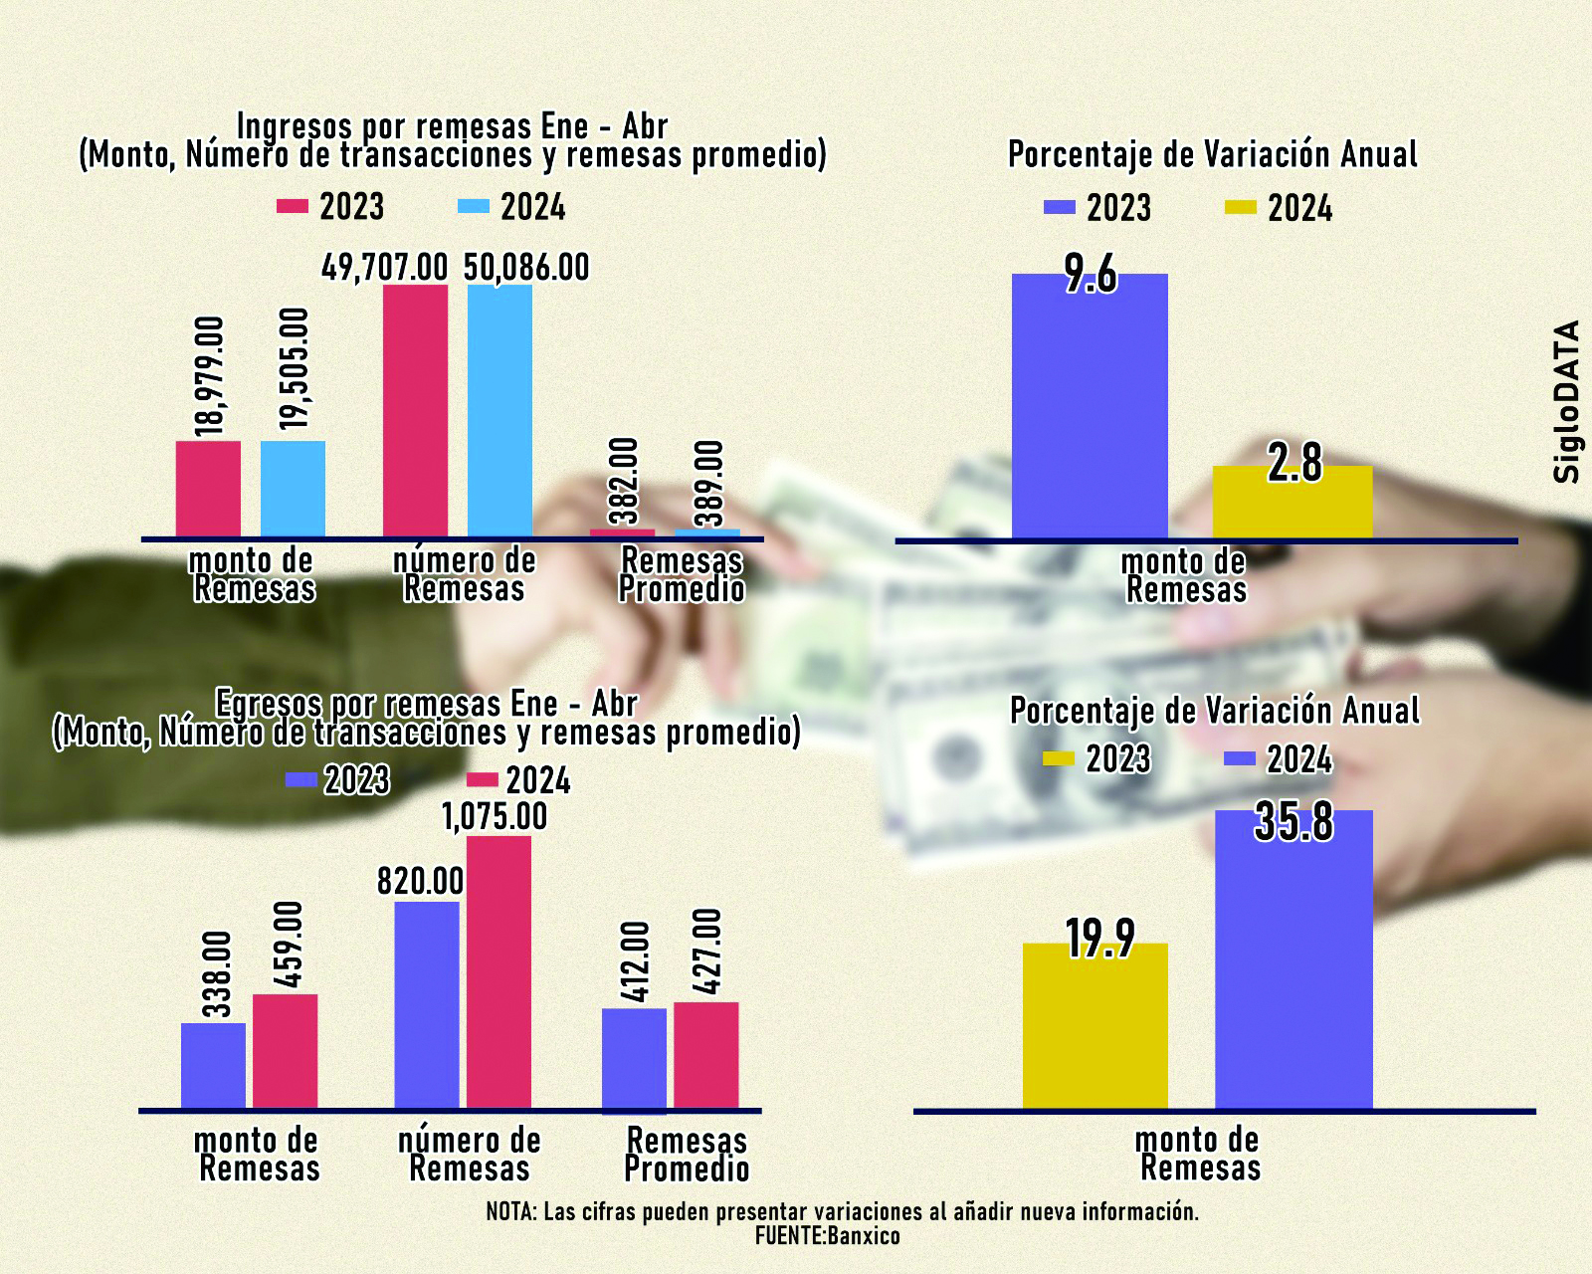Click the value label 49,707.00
click(385, 268)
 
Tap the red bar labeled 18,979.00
click(208, 488)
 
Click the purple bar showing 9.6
click(1090, 408)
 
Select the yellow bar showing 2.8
click(1293, 503)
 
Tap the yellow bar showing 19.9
click(1094, 1025)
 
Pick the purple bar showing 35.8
click(1293, 960)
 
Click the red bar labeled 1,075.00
click(498, 971)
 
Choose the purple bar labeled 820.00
click(427, 1005)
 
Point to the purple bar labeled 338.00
click(213, 1065)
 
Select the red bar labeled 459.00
click(285, 1051)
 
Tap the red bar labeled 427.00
click(706, 1055)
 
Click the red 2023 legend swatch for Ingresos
click(293, 206)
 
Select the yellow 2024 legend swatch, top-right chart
click(1240, 208)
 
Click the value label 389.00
click(709, 475)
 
